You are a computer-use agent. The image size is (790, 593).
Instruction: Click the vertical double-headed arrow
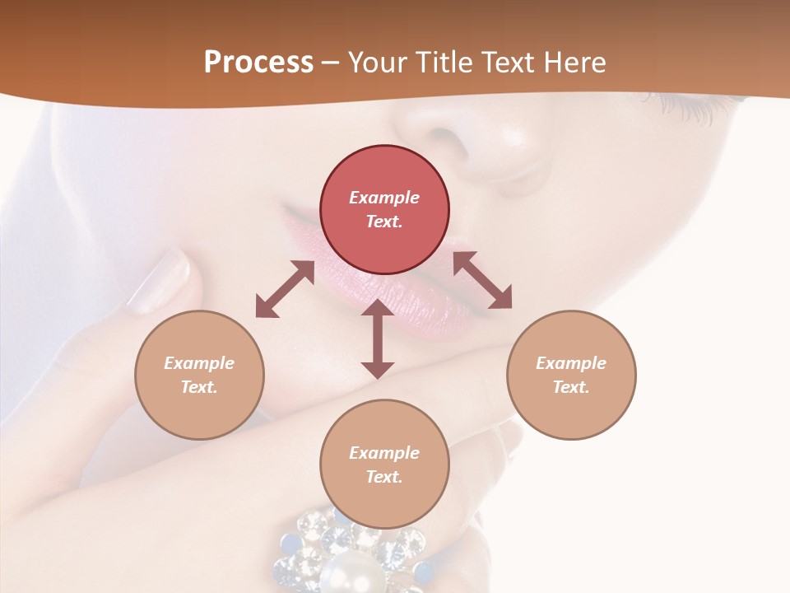378,339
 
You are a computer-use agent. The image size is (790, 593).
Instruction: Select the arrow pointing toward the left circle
285,289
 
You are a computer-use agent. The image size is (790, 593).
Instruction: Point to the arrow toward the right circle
483,280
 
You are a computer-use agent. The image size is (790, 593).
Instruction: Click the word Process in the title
258,63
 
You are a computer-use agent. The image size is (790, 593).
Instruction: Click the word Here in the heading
575,63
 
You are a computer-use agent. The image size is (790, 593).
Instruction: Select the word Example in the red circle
384,198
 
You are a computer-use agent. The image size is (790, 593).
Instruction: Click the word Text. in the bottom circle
384,477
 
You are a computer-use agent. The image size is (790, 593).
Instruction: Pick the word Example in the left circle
199,363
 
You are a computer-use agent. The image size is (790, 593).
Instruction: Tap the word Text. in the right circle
571,387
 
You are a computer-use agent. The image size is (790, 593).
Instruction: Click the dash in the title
331,63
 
